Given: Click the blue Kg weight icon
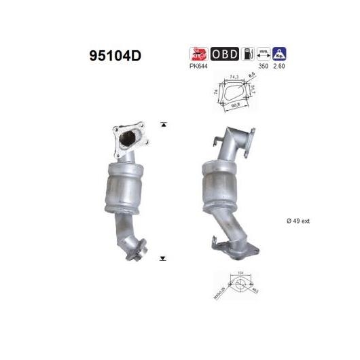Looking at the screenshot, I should (x=278, y=54).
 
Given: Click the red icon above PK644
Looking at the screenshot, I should (x=196, y=54).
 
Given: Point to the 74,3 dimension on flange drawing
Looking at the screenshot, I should (x=234, y=79).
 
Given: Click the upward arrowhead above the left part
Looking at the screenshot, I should (x=163, y=124).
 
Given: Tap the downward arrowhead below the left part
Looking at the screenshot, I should (x=163, y=259).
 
